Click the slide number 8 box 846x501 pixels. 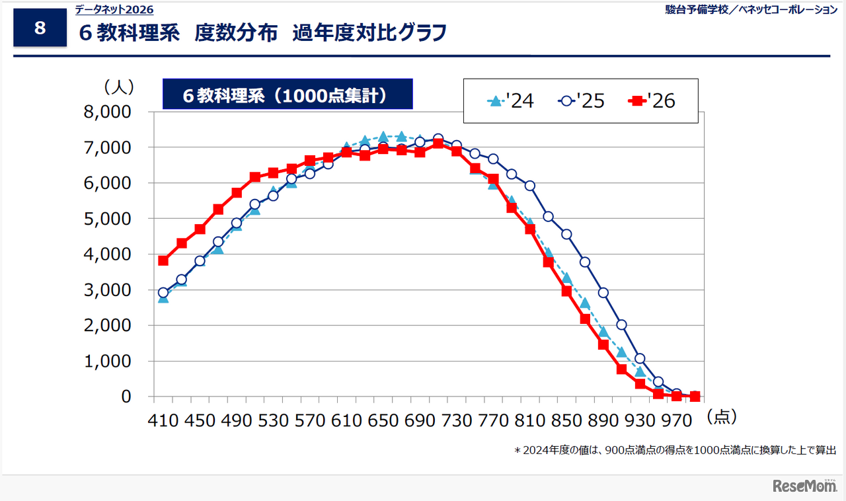point(40,28)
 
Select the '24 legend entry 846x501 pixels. point(511,101)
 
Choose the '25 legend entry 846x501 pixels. point(582,101)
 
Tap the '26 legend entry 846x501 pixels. point(652,101)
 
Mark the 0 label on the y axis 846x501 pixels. point(125,397)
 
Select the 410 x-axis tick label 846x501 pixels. point(163,419)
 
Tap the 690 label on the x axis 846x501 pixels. point(420,419)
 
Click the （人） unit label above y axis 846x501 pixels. point(118,87)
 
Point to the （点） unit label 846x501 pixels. point(721,416)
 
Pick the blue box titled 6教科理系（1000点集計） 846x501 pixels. point(288,95)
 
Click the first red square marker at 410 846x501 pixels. point(163,260)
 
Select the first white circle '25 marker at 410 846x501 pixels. point(163,292)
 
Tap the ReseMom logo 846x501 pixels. point(804,486)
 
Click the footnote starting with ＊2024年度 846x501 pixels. point(675,450)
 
